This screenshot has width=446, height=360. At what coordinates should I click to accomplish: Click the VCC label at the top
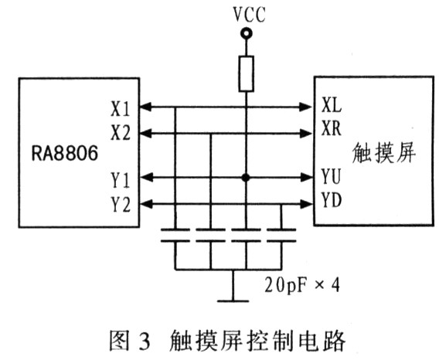click(x=249, y=15)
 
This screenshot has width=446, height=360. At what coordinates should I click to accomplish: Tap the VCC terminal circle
click(x=246, y=33)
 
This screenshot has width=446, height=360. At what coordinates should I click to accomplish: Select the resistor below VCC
click(x=246, y=73)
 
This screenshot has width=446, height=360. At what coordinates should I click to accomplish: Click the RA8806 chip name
click(x=65, y=153)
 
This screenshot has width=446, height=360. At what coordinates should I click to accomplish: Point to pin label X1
click(x=121, y=109)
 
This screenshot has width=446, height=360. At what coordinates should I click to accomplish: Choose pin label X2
click(x=121, y=133)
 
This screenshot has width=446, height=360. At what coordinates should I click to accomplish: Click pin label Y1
click(x=121, y=180)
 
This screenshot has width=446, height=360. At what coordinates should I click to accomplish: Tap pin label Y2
click(x=121, y=205)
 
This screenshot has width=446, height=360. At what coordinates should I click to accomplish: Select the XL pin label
click(x=332, y=105)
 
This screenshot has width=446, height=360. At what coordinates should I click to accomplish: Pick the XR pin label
click(x=332, y=128)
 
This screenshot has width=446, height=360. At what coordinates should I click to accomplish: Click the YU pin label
click(x=331, y=176)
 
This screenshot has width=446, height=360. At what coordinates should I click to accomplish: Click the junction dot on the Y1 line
click(x=246, y=178)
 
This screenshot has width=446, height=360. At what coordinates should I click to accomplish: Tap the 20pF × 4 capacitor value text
click(x=302, y=284)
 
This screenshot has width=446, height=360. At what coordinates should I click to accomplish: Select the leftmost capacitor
click(x=175, y=235)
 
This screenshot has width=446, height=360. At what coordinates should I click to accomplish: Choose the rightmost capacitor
click(x=281, y=235)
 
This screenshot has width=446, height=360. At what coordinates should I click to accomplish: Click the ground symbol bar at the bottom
click(x=233, y=301)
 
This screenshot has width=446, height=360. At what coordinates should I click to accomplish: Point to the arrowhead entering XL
click(x=306, y=107)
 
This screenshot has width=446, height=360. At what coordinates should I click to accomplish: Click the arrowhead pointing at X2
click(x=146, y=133)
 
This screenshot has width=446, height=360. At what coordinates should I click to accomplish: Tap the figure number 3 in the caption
click(x=145, y=341)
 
